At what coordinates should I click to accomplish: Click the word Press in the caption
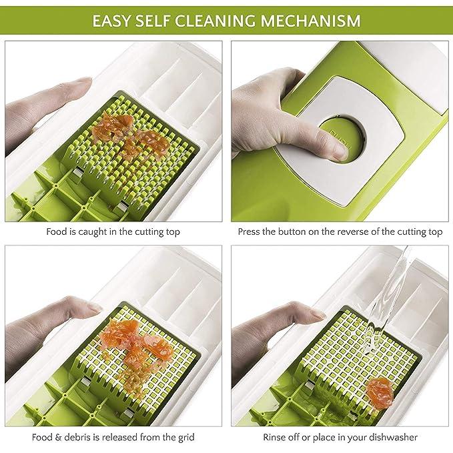click(250, 232)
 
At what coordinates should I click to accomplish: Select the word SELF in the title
click(164, 20)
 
